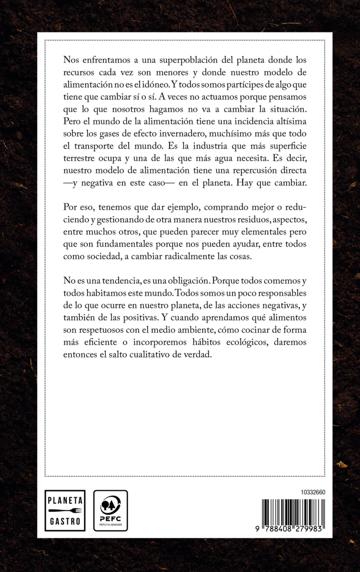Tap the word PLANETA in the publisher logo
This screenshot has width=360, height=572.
click(x=65, y=500)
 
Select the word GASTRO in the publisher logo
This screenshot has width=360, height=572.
click(x=65, y=521)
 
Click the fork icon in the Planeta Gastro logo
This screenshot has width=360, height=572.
click(x=65, y=511)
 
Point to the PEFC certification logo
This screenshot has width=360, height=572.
click(x=110, y=510)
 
